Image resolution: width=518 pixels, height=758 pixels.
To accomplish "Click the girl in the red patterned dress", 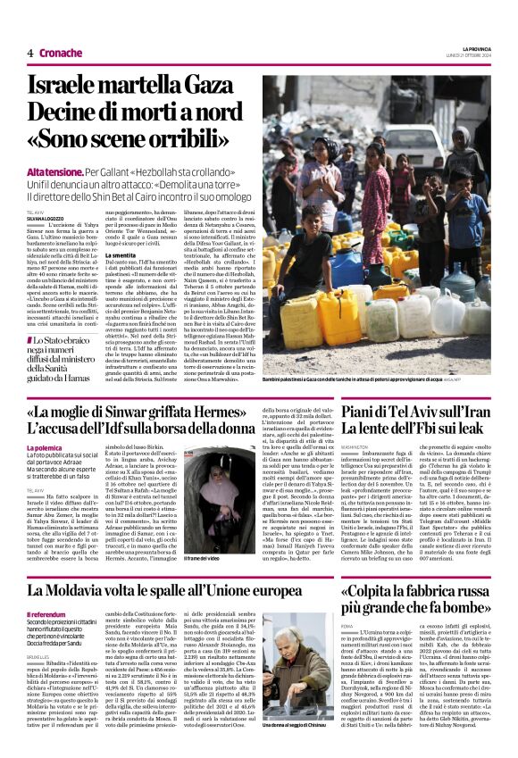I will (x=320, y=179).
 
